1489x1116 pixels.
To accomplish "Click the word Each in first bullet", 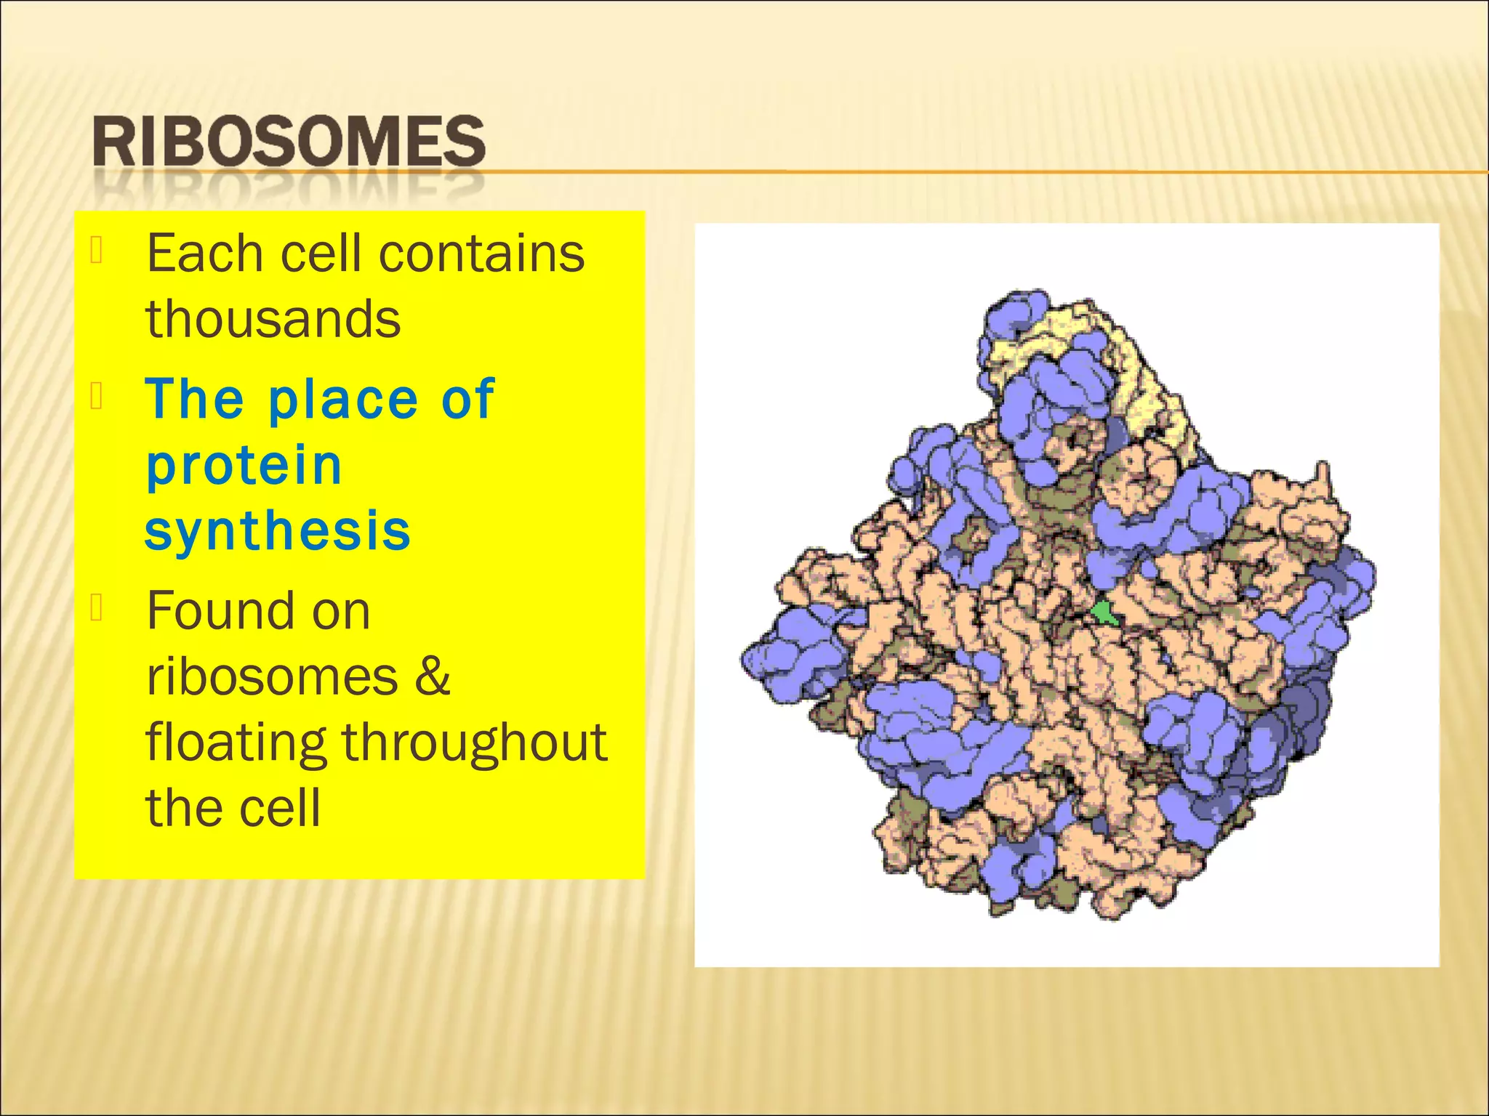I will (204, 254).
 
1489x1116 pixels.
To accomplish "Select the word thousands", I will (273, 320).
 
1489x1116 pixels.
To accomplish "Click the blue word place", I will (343, 400).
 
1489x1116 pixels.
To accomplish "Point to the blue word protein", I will (244, 466).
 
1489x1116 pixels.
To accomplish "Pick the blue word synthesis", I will (278, 531).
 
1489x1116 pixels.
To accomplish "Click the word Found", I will (218, 610).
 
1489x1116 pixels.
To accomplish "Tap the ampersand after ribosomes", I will (433, 676).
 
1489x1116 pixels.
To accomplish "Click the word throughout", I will (474, 743).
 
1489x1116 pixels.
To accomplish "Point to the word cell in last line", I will (279, 808).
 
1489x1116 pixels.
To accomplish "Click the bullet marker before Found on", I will (97, 607).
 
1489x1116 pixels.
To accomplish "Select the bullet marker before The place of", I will (97, 396).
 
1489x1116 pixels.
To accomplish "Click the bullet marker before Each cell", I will (97, 250).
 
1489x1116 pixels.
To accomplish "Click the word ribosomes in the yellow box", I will (273, 677).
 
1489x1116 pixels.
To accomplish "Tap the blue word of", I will (467, 399).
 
